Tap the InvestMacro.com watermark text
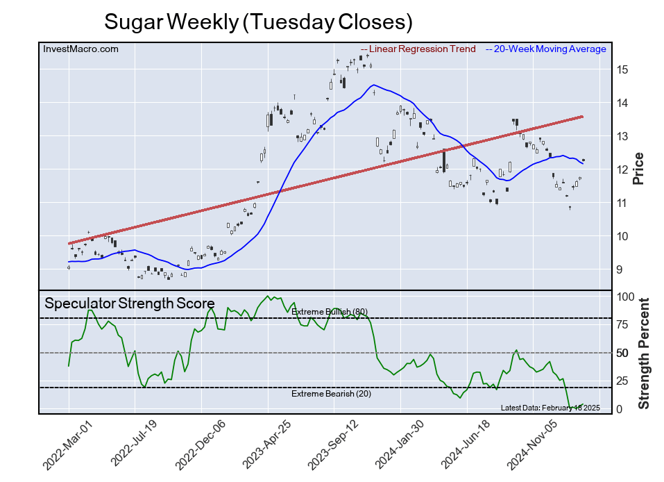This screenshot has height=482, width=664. click(80, 49)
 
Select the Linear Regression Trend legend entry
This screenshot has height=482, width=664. click(422, 49)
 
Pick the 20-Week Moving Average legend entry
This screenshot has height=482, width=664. click(549, 49)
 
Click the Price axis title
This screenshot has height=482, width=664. click(638, 168)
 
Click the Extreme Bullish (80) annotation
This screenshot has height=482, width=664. click(329, 311)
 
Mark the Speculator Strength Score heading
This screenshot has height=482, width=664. click(130, 304)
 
